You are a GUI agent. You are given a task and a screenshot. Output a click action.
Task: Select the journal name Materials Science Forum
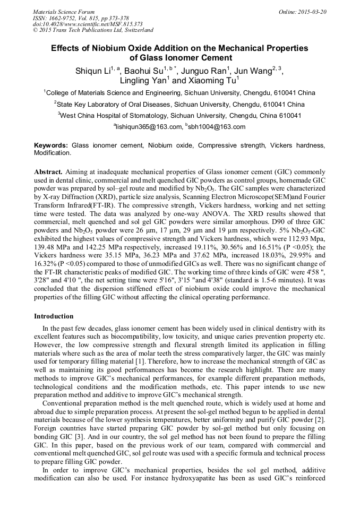(x=64, y=12)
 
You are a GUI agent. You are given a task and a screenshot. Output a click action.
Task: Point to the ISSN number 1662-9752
(x=63, y=18)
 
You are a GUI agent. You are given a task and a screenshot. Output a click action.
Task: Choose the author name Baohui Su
(x=144, y=71)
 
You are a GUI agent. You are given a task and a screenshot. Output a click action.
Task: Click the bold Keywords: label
(x=51, y=145)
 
